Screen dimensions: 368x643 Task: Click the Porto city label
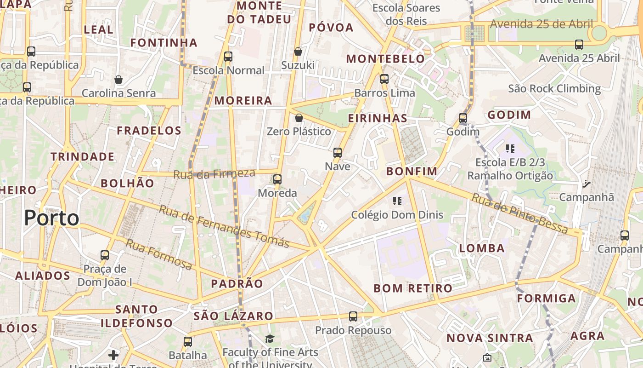pyautogui.click(x=51, y=218)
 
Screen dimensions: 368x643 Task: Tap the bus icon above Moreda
pyautogui.click(x=277, y=179)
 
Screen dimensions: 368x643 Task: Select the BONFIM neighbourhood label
pyautogui.click(x=412, y=172)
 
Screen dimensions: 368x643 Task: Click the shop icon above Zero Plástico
pyautogui.click(x=299, y=118)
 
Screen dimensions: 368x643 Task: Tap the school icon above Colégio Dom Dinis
pyautogui.click(x=397, y=201)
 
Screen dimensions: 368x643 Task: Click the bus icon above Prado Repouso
pyautogui.click(x=353, y=316)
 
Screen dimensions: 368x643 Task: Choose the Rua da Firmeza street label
pyautogui.click(x=214, y=174)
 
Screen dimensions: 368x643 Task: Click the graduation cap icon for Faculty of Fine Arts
pyautogui.click(x=270, y=339)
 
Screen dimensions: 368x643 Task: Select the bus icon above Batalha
pyautogui.click(x=187, y=342)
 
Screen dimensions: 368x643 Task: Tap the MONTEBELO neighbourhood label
pyautogui.click(x=385, y=59)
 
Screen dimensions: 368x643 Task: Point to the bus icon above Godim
pyautogui.click(x=463, y=118)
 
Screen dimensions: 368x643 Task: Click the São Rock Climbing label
pyautogui.click(x=554, y=88)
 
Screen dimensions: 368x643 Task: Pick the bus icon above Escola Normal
pyautogui.click(x=228, y=57)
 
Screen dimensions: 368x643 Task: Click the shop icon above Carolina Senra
pyautogui.click(x=118, y=80)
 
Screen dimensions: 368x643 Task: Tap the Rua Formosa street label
pyautogui.click(x=159, y=254)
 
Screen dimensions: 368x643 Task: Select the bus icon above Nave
pyautogui.click(x=338, y=153)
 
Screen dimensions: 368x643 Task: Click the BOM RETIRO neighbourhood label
pyautogui.click(x=413, y=288)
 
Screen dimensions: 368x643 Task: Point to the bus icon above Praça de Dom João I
pyautogui.click(x=105, y=255)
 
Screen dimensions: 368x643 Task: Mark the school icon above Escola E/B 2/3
pyautogui.click(x=510, y=148)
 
